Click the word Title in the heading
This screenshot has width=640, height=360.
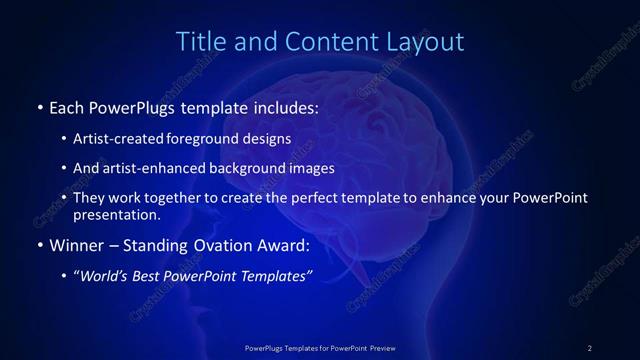click(200, 42)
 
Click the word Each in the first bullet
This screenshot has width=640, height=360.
click(67, 107)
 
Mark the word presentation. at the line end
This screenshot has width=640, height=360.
click(116, 214)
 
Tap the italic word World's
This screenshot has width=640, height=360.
click(104, 275)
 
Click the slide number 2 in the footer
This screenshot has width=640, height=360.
click(589, 348)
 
